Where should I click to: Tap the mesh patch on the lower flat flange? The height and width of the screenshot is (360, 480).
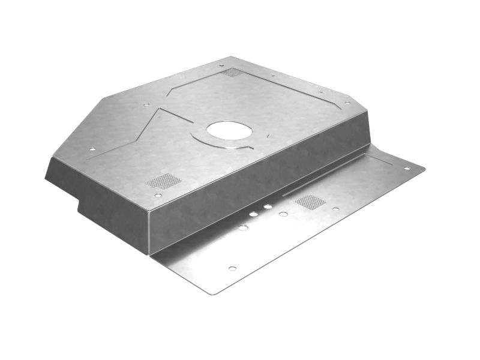[x=310, y=202]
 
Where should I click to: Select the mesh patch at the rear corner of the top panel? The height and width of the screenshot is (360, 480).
[x=232, y=73]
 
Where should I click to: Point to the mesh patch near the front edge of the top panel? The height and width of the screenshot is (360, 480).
[x=164, y=181]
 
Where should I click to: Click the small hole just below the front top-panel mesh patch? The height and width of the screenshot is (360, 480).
[x=157, y=195]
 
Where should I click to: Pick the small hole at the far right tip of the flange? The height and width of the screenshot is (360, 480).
[x=407, y=168]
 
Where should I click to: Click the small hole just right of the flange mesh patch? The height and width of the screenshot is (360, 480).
[x=336, y=209]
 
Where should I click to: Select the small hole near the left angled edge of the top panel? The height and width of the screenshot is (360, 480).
[x=92, y=149]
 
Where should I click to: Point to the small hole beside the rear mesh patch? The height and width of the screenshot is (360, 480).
[x=221, y=65]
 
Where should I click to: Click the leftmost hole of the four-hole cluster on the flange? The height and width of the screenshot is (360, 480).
[x=242, y=228]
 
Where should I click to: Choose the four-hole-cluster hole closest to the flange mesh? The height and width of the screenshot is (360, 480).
[x=283, y=214]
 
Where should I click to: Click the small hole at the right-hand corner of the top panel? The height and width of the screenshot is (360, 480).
[x=347, y=103]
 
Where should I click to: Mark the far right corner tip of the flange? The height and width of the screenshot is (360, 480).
[x=424, y=170]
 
